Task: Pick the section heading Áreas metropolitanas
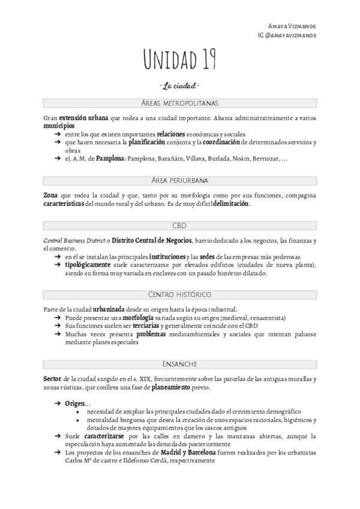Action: coord(179,104)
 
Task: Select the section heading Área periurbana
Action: coord(179,181)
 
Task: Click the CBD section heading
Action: coord(179,226)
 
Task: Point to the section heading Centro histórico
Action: coord(179,294)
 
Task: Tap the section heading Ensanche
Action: coord(179,363)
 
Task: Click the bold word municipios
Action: coord(59,127)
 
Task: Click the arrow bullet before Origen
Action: coord(58,404)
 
